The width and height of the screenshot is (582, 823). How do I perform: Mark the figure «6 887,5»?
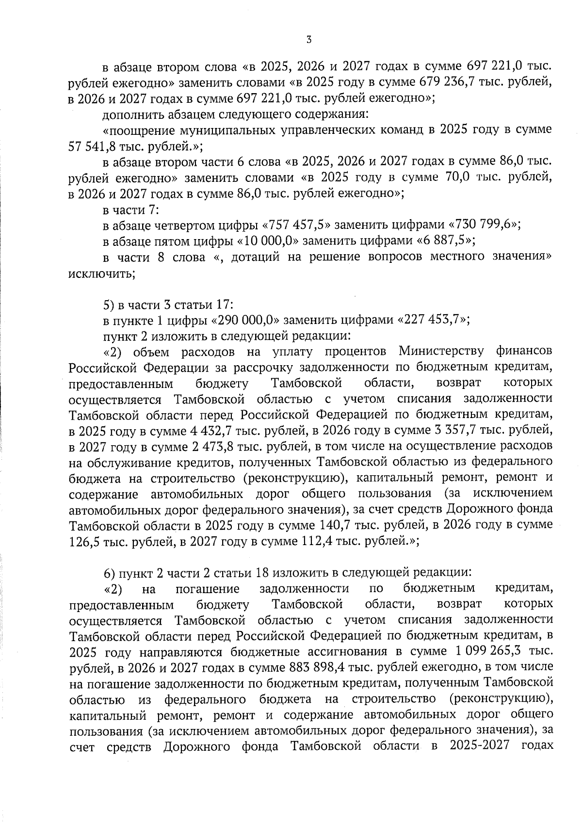coord(444,241)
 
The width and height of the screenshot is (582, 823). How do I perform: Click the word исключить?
coord(101,274)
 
